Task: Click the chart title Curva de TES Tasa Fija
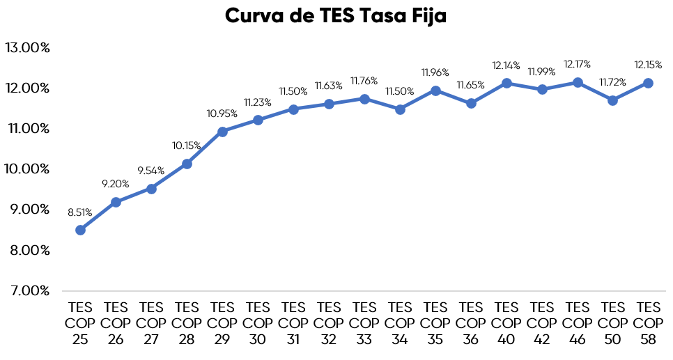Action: point(335,17)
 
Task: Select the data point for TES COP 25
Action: point(80,230)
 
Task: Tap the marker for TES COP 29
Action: point(222,132)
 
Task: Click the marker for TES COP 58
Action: point(649,83)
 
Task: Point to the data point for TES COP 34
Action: point(400,109)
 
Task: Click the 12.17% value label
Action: point(578,64)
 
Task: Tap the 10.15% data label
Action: point(187,146)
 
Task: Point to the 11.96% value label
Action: point(435,72)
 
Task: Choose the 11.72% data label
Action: point(613,82)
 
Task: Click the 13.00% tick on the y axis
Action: point(27,48)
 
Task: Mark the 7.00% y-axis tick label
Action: point(27,290)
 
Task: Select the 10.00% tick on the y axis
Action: point(27,169)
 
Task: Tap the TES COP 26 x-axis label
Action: point(116,323)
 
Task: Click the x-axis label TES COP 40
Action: point(506,323)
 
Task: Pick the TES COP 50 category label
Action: point(613,323)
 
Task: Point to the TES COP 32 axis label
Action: point(329,323)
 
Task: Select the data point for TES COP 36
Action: point(471,103)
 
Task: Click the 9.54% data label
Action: point(151,171)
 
